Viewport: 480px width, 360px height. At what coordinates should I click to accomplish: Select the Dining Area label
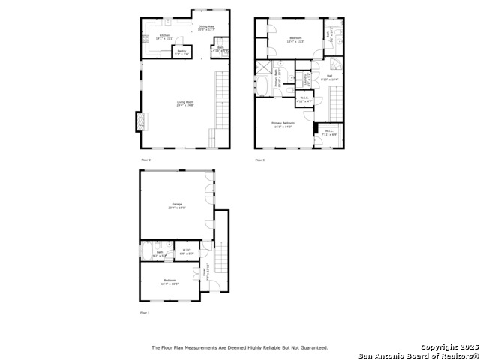pyautogui.click(x=206, y=28)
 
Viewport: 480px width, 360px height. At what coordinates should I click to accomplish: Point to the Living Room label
pyautogui.click(x=185, y=104)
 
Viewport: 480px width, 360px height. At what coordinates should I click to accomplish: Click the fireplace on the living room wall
pyautogui.click(x=138, y=121)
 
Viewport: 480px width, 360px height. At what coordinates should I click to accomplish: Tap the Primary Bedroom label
pyautogui.click(x=283, y=124)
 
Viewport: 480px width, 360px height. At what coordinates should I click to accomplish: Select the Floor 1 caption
pyautogui.click(x=145, y=312)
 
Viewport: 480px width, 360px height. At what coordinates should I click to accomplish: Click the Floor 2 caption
pyautogui.click(x=145, y=160)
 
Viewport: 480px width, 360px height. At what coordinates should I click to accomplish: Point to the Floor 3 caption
pyautogui.click(x=259, y=160)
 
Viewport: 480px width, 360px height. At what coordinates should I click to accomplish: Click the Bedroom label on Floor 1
pyautogui.click(x=169, y=283)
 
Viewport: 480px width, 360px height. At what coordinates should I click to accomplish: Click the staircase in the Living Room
pyautogui.click(x=221, y=101)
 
